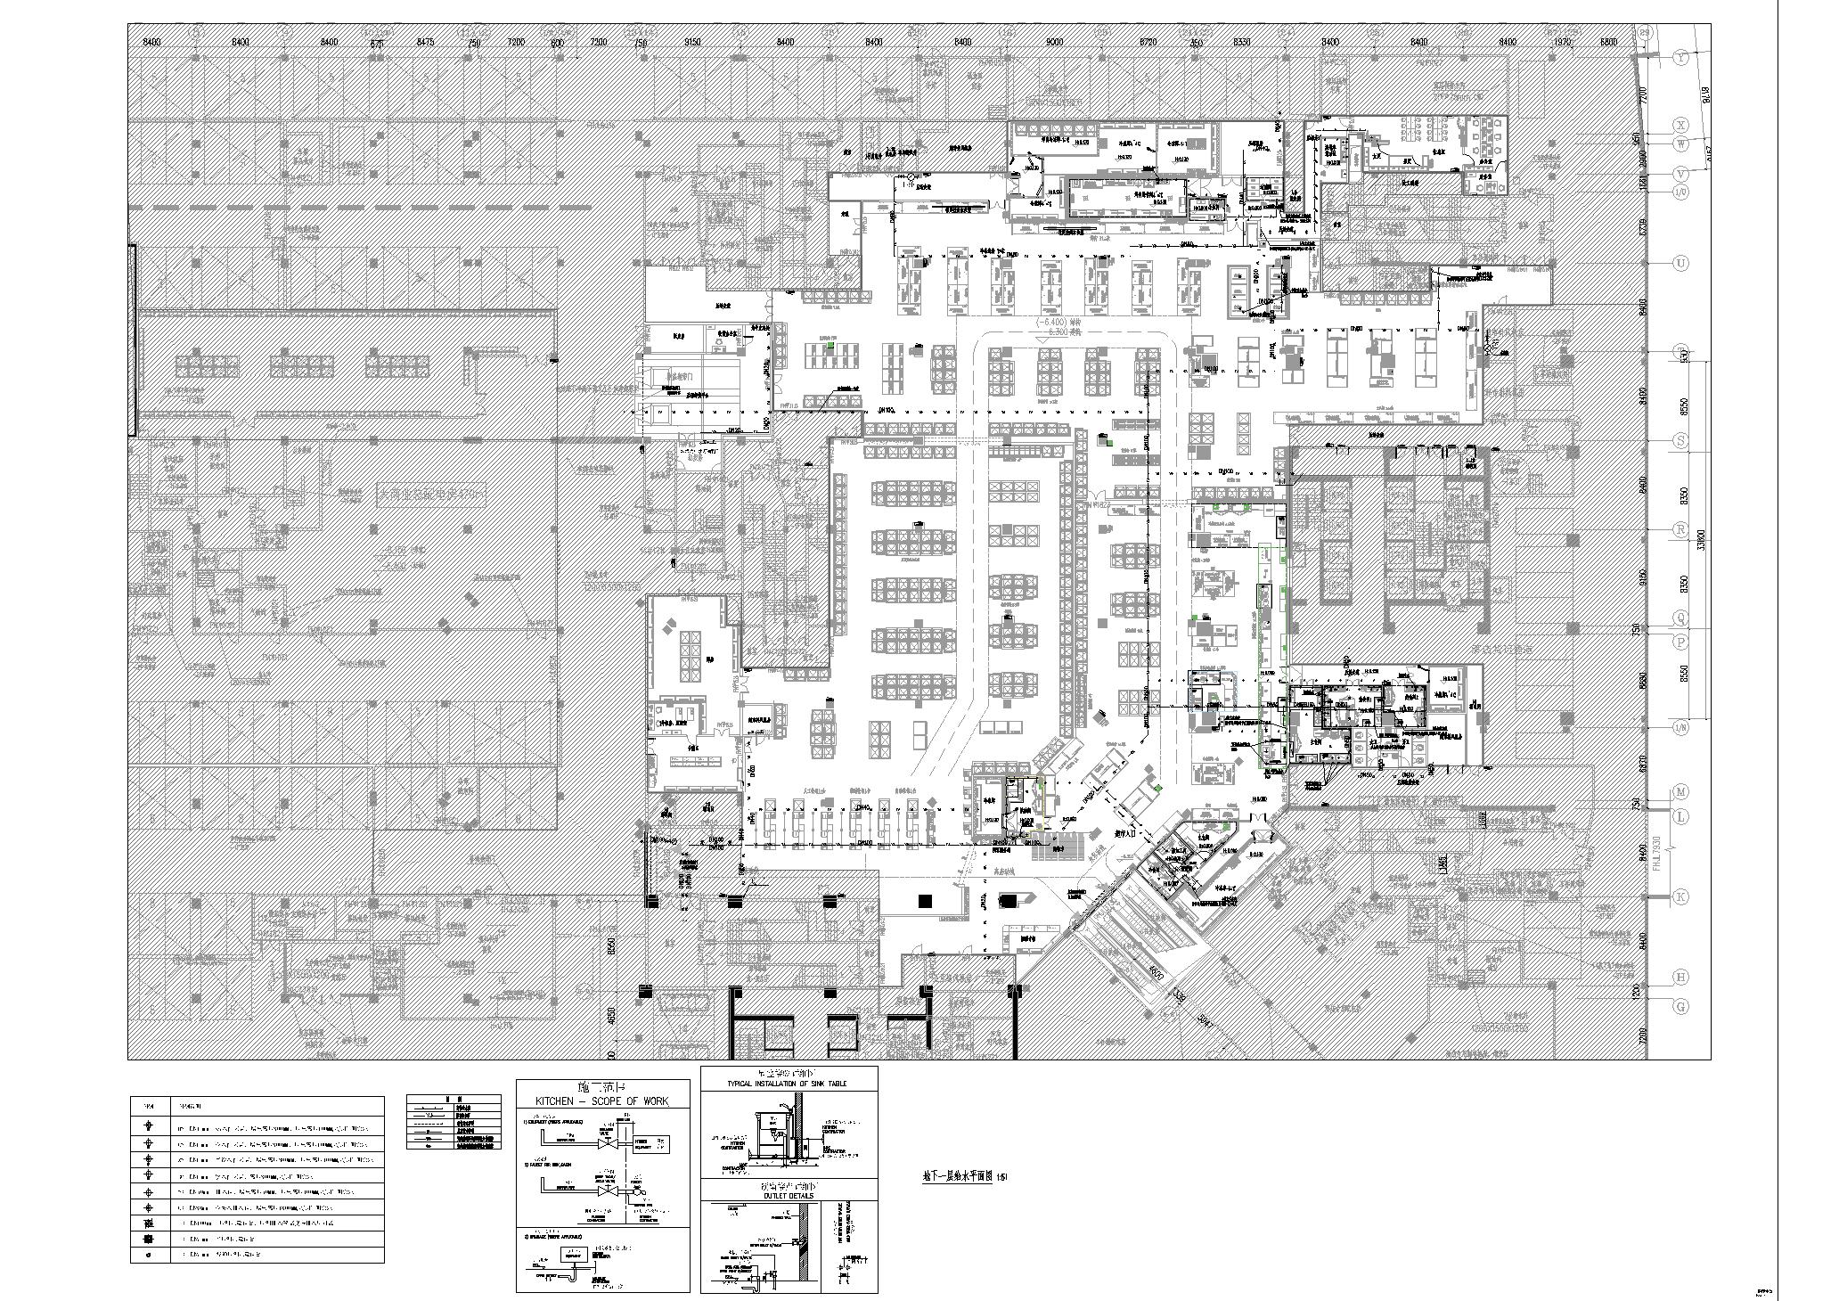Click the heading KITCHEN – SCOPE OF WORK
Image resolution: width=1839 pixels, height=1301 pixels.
pyautogui.click(x=603, y=1101)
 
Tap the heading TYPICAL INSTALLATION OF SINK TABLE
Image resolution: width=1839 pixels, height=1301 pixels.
pyautogui.click(x=789, y=1084)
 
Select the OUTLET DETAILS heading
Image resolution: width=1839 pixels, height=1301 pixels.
pyautogui.click(x=789, y=1196)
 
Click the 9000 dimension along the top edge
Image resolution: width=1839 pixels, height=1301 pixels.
pyautogui.click(x=1055, y=42)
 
